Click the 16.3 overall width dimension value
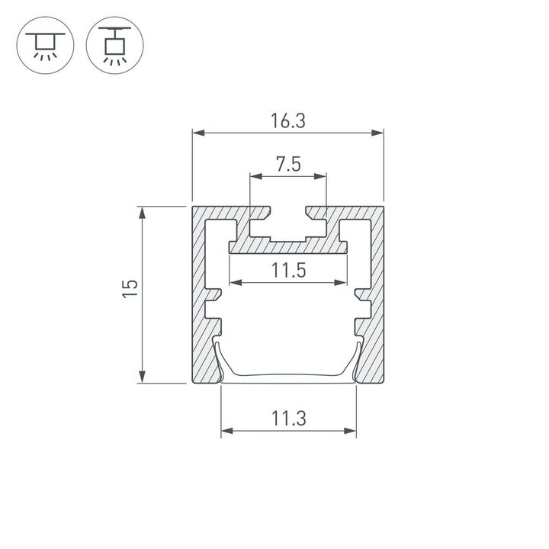287,120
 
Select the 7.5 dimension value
288,164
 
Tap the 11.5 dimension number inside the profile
287,269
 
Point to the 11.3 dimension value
288,418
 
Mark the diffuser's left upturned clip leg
218,358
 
